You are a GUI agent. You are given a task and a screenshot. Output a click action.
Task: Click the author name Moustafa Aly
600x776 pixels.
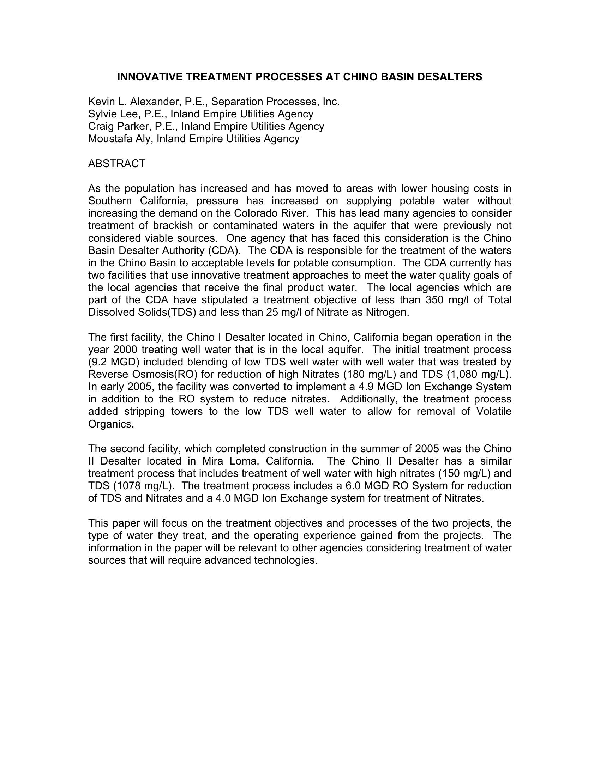[120, 139]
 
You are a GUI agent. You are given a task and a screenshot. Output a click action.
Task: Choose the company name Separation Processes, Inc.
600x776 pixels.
[276, 102]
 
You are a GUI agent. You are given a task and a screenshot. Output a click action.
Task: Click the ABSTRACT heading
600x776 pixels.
[116, 163]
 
